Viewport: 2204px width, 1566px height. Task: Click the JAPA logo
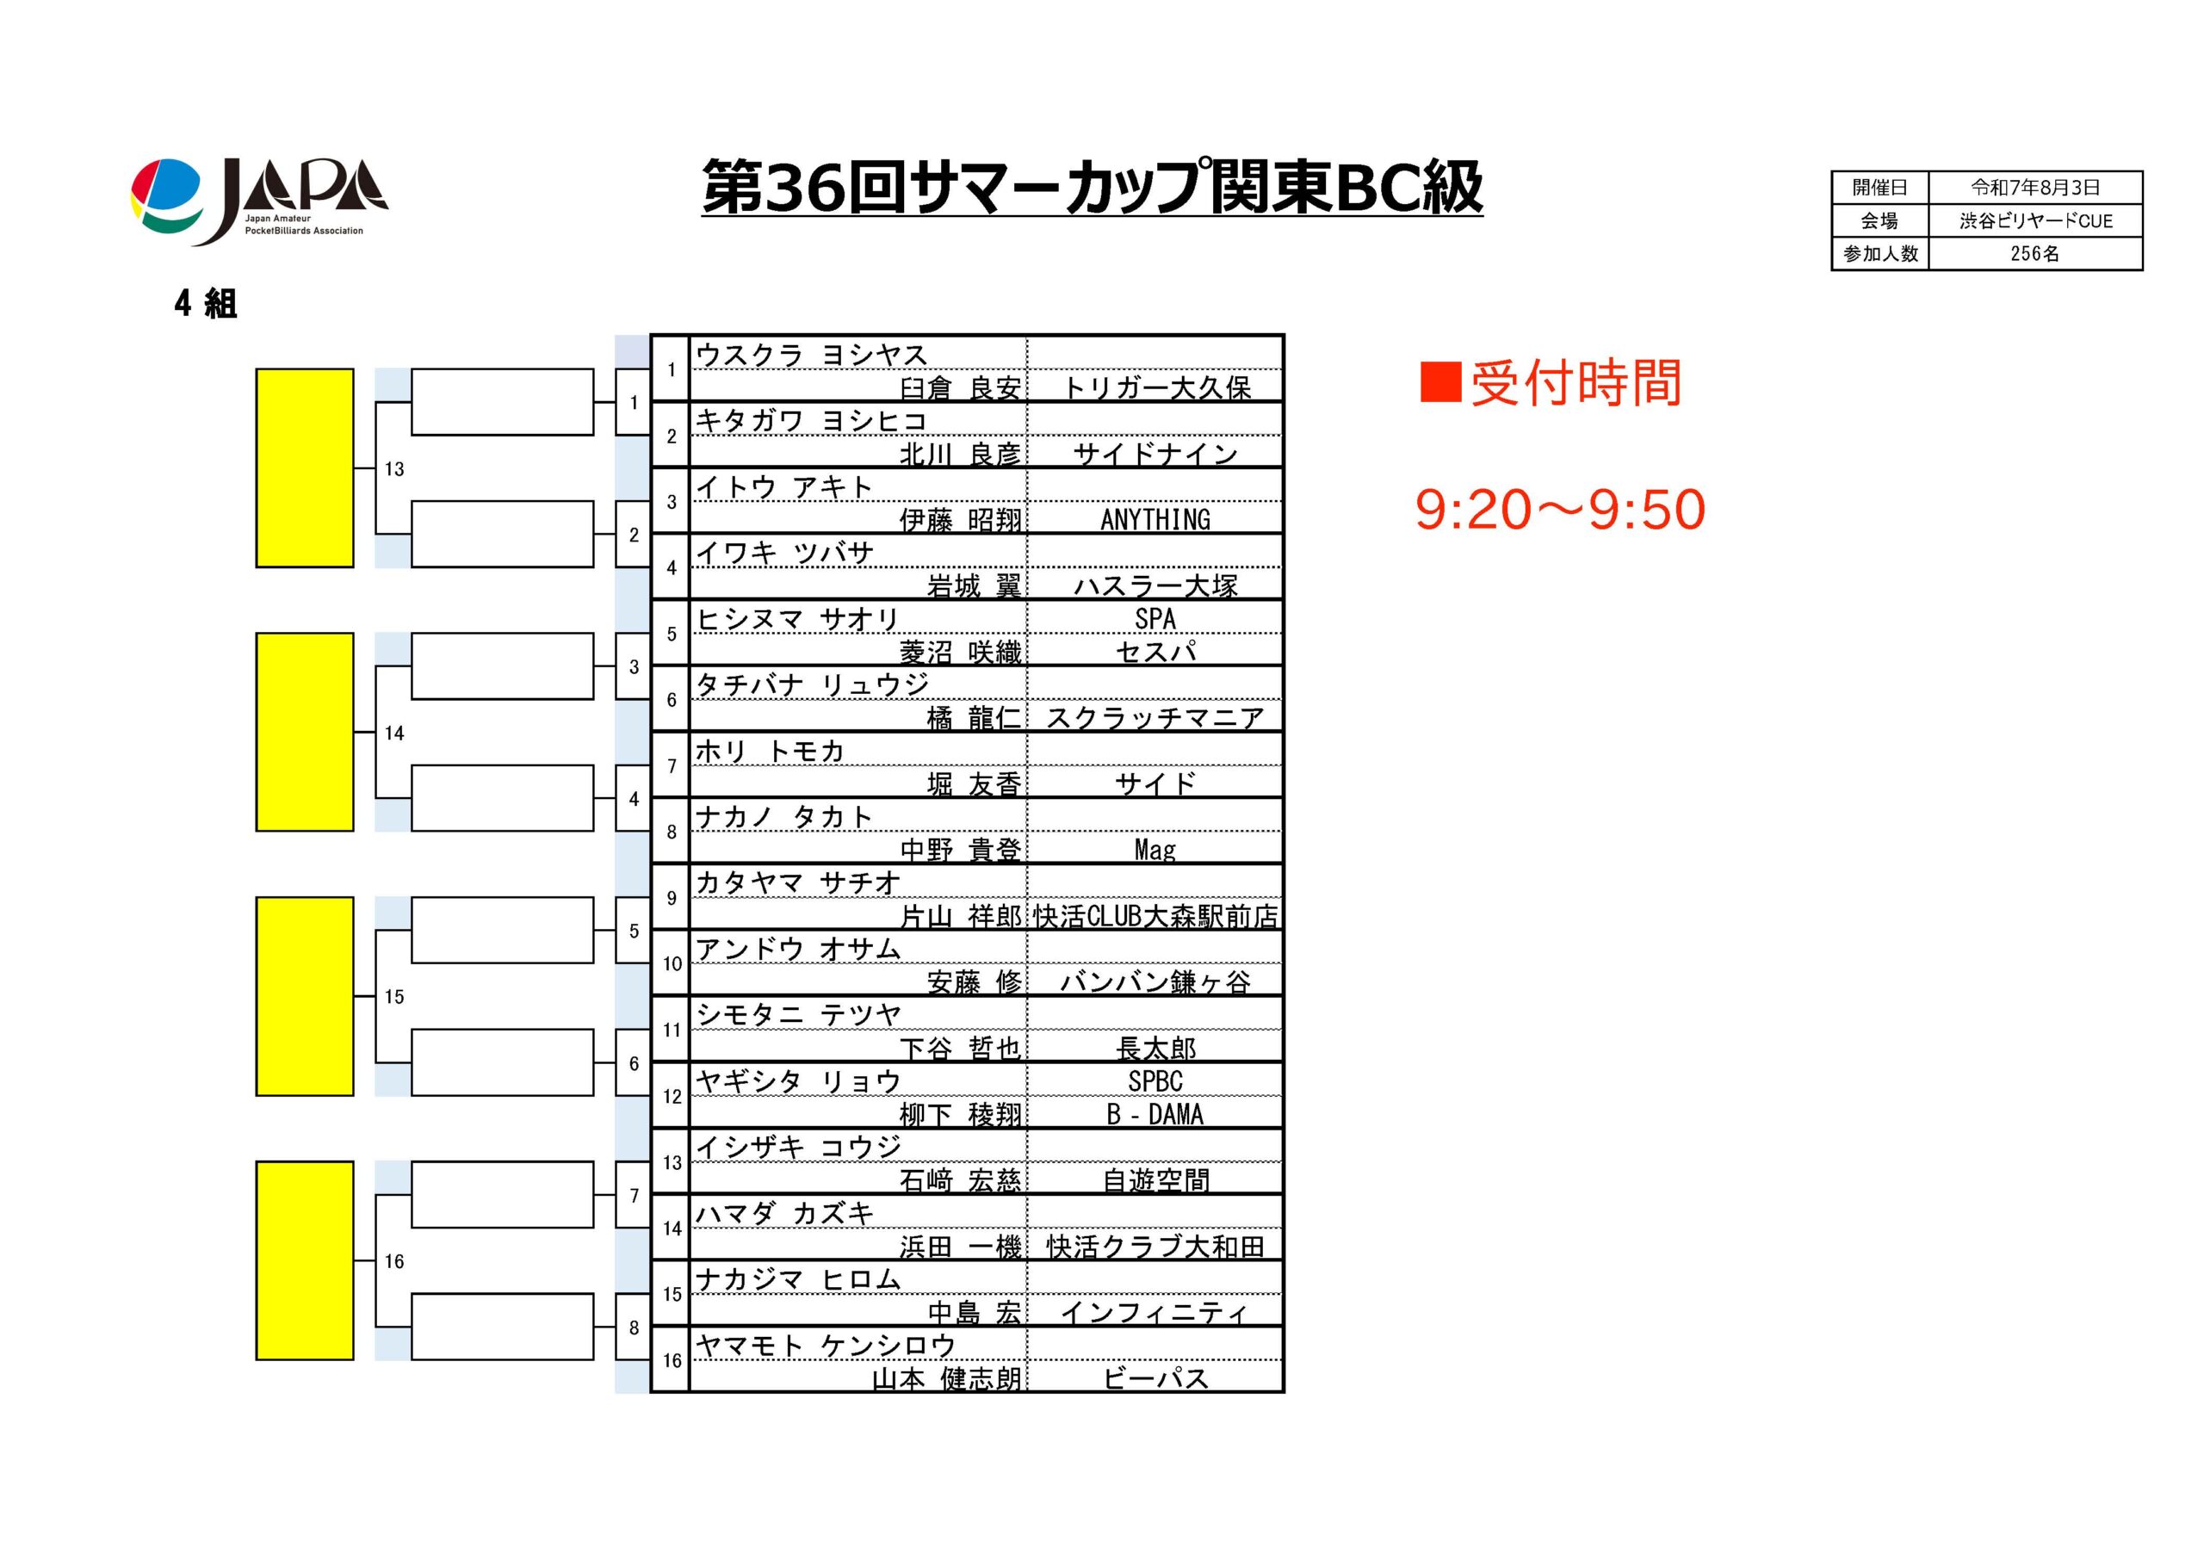pos(258,201)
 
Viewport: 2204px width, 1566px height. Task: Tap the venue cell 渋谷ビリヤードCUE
pos(2035,220)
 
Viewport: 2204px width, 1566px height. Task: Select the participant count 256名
pos(2035,254)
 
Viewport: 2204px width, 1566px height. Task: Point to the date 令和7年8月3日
pos(2035,187)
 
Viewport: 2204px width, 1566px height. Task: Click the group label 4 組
pos(206,304)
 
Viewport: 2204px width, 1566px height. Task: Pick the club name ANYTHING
pos(1155,520)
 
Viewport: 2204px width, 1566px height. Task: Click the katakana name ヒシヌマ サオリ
pos(797,619)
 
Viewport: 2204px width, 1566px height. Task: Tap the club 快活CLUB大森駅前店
pos(1155,916)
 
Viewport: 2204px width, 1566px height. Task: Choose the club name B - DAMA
pos(1155,1115)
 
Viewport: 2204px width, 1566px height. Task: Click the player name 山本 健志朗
pos(947,1379)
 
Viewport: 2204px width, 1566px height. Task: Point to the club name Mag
pos(1155,850)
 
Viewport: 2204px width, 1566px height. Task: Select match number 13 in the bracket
pos(394,469)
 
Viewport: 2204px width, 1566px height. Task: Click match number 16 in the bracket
pos(394,1261)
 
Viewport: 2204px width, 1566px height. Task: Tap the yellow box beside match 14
pos(305,732)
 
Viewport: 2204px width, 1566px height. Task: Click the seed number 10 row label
pos(672,963)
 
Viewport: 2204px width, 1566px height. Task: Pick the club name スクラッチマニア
pos(1155,717)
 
